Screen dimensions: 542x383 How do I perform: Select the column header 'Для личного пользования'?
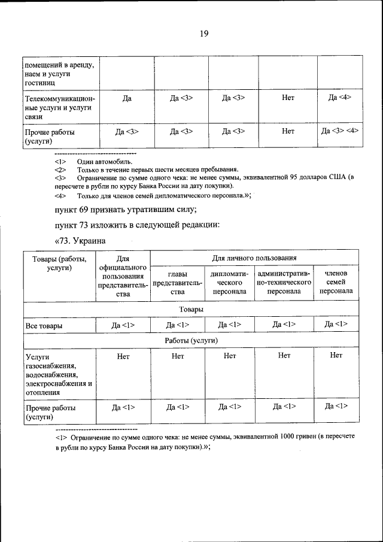pyautogui.click(x=254, y=258)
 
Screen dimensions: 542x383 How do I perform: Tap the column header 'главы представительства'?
pyautogui.click(x=177, y=282)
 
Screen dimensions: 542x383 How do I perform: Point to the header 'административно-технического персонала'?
pyautogui.click(x=284, y=282)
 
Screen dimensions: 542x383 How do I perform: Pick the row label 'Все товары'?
pyautogui.click(x=45, y=326)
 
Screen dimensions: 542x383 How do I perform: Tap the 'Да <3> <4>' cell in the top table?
pyautogui.click(x=340, y=130)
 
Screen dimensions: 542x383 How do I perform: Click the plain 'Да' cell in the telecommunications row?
pyautogui.click(x=127, y=98)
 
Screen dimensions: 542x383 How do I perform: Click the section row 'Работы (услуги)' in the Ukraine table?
pyautogui.click(x=191, y=340)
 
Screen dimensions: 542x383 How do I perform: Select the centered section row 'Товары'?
pyautogui.click(x=191, y=309)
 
